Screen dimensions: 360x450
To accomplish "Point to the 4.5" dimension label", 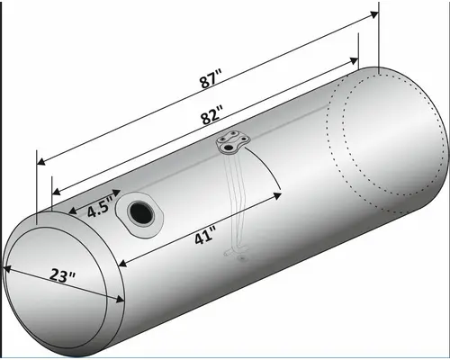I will [x=98, y=208].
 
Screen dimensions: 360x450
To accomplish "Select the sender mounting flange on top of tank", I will [x=233, y=141].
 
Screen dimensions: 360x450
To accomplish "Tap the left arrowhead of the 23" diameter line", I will [x=8, y=269].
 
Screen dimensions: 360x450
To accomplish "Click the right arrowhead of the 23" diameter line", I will [x=121, y=302].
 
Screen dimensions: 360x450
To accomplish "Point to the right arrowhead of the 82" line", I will [x=356, y=57].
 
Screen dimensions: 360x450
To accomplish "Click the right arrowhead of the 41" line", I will [x=280, y=191].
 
